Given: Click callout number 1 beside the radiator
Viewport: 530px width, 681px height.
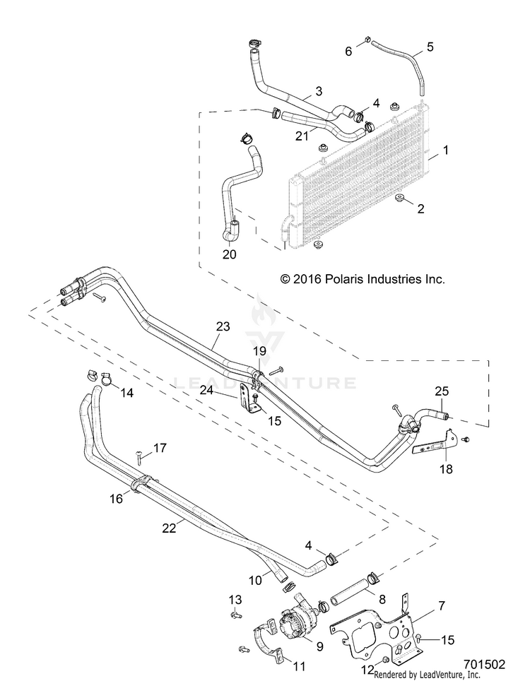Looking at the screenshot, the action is click(445, 150).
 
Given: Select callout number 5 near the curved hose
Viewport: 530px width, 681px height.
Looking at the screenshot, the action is click(430, 47).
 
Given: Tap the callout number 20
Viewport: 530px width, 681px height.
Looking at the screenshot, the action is click(230, 254).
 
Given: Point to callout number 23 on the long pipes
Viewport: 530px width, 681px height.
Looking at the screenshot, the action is click(223, 326).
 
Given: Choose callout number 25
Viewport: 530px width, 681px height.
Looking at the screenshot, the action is click(442, 391).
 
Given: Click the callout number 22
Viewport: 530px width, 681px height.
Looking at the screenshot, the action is click(170, 528).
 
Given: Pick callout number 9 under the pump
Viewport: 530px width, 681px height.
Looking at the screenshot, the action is click(319, 646).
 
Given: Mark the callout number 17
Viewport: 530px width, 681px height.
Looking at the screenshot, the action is click(160, 448).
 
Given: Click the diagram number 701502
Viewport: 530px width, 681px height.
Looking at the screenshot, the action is click(484, 665).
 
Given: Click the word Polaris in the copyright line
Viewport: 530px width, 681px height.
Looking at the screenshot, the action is click(343, 279).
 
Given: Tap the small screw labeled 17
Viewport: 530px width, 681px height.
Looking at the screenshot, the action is click(139, 457).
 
